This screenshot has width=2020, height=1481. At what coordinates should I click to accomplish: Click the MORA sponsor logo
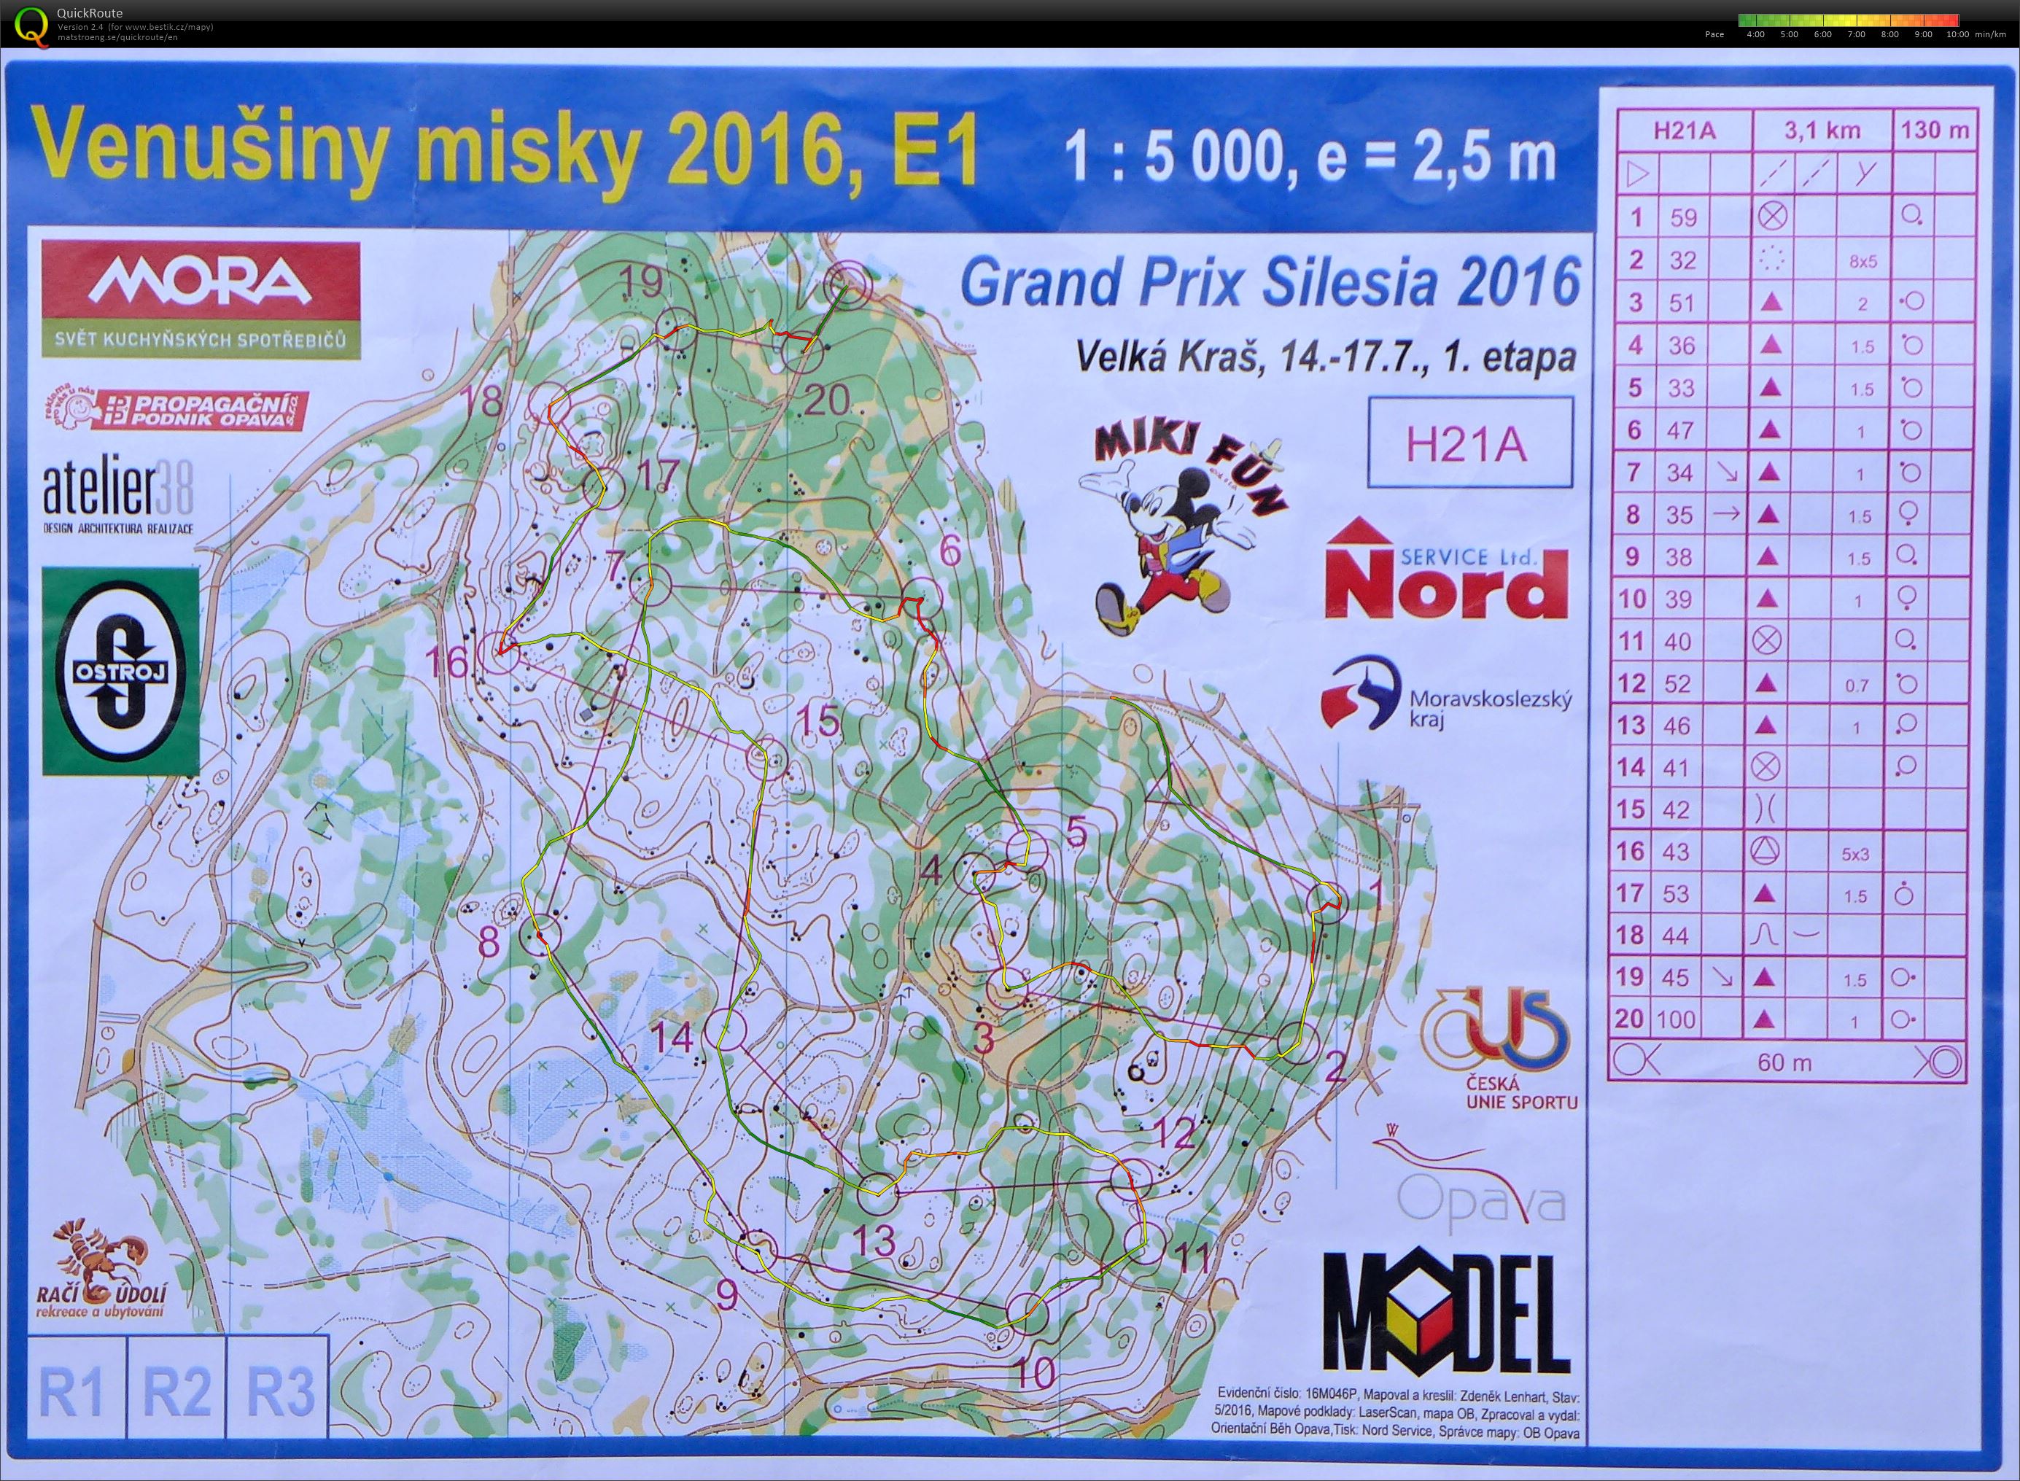pyautogui.click(x=200, y=283)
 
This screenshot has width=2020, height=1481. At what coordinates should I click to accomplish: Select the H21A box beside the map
pyautogui.click(x=1469, y=445)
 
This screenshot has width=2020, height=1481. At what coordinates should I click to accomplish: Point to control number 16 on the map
pyautogui.click(x=446, y=664)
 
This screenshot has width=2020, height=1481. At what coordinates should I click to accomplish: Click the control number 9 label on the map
pyautogui.click(x=726, y=1294)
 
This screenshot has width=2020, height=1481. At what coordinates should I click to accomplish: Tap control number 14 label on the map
pyautogui.click(x=672, y=1038)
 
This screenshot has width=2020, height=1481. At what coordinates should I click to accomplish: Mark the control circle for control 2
pyautogui.click(x=1297, y=1043)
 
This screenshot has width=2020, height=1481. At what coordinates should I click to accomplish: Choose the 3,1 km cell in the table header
pyautogui.click(x=1822, y=131)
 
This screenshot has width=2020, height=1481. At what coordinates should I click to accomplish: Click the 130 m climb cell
pyautogui.click(x=1934, y=131)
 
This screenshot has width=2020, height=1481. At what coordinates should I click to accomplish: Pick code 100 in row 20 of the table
pyautogui.click(x=1677, y=1019)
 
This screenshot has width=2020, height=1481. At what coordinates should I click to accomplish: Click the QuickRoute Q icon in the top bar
pyautogui.click(x=33, y=23)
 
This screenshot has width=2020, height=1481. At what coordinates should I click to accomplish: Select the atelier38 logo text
pyautogui.click(x=117, y=493)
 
